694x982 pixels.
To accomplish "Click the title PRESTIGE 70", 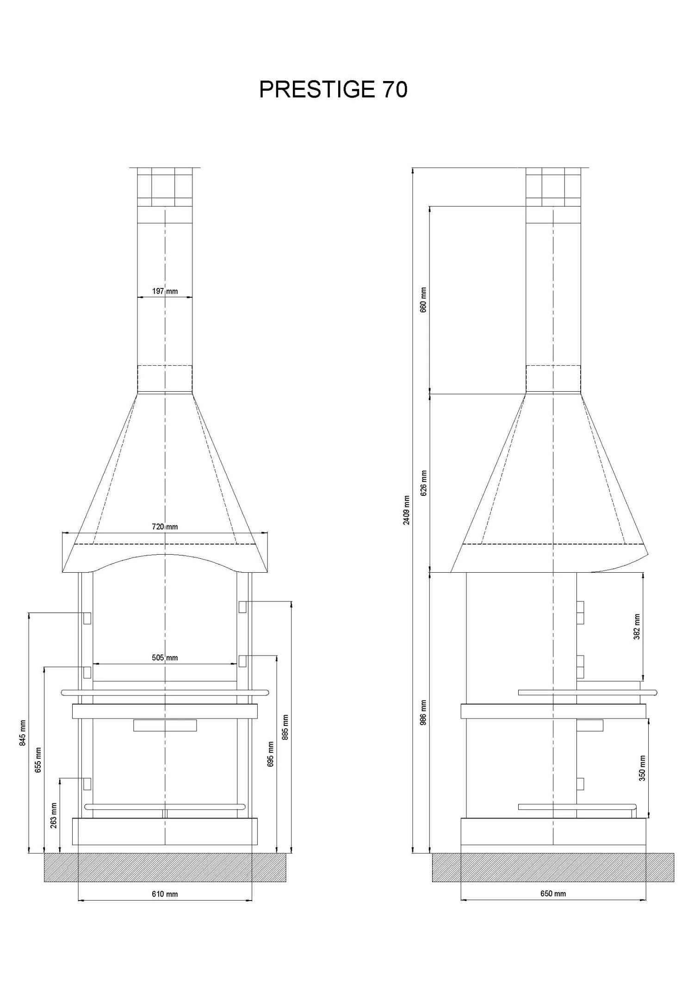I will point(333,89).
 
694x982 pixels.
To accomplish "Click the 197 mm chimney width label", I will point(165,291).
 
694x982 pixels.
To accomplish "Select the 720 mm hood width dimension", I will point(165,526).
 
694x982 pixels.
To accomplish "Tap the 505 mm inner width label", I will point(165,657).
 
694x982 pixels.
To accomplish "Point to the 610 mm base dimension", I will point(165,894).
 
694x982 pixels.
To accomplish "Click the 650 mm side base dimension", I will point(553,894).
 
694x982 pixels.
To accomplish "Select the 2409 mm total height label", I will point(406,510).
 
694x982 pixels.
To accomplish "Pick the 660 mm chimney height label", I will point(423,300).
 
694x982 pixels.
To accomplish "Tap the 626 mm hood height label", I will point(423,483).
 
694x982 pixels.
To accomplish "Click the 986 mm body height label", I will point(423,712).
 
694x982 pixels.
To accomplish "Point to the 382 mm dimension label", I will point(637,627).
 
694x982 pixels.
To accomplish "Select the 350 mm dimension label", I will point(642,768).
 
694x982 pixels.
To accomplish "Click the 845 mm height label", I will point(23,733).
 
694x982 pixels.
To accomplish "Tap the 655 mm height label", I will point(38,760).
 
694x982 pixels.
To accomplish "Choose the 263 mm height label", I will point(54,815).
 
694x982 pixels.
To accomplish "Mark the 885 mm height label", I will point(285,727).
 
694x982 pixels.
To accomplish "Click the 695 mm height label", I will point(271,754).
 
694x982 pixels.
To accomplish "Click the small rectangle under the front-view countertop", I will point(165,726).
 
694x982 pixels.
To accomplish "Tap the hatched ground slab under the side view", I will point(553,867).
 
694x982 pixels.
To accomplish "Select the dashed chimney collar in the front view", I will point(165,379).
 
